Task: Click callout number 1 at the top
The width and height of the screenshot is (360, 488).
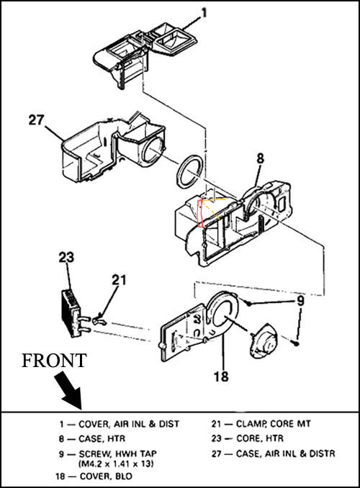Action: tap(204, 13)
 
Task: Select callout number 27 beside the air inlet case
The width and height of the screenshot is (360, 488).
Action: tap(37, 119)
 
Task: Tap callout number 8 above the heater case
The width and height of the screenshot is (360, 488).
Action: tap(260, 158)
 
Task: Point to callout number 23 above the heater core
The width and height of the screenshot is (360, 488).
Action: tap(66, 258)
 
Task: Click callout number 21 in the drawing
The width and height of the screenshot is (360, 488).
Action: tap(119, 280)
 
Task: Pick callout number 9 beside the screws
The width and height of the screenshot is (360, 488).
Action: tap(300, 302)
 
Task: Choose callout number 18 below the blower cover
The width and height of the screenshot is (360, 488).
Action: tap(221, 376)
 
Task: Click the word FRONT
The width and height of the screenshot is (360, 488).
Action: tap(53, 361)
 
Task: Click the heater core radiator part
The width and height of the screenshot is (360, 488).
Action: tap(71, 313)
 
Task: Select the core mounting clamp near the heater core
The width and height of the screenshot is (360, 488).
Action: tap(100, 320)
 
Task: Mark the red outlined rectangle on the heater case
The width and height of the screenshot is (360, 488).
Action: tap(201, 214)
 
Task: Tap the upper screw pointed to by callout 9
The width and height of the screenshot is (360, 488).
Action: tap(248, 302)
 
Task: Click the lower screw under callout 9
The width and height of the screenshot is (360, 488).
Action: tap(296, 343)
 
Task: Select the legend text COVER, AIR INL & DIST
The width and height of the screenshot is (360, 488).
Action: tap(129, 424)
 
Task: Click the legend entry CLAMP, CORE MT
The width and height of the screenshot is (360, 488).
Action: tap(273, 423)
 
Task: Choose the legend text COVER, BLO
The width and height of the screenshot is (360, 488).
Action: tap(106, 476)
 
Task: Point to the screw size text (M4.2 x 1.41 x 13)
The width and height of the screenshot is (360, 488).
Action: tap(116, 463)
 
